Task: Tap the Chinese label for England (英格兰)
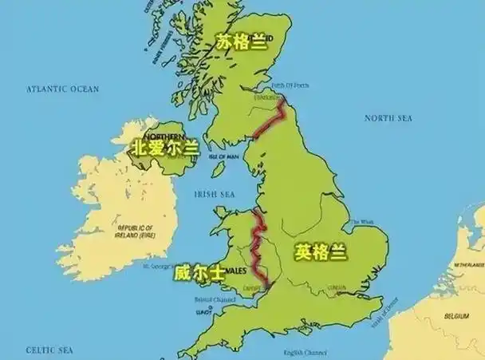pyautogui.click(x=321, y=252)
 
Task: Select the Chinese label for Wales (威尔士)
pyautogui.click(x=199, y=272)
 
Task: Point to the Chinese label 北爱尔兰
pyautogui.click(x=165, y=148)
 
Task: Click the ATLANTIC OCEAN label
pyautogui.click(x=62, y=89)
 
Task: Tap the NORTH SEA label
pyautogui.click(x=388, y=118)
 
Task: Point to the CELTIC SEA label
pyautogui.click(x=49, y=350)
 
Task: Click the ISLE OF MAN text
pyautogui.click(x=223, y=156)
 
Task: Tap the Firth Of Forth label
pyautogui.click(x=289, y=85)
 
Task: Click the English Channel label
pyautogui.click(x=306, y=352)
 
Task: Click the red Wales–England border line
pyautogui.click(x=257, y=243)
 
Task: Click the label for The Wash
pyautogui.click(x=361, y=222)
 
